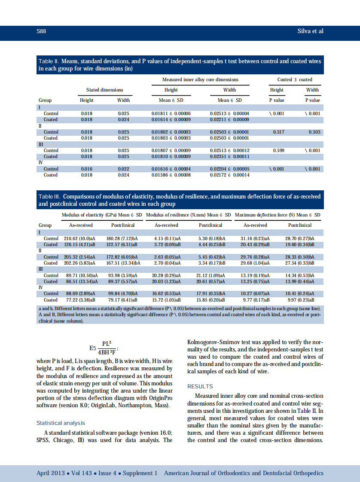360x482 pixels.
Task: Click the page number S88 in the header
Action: [41, 31]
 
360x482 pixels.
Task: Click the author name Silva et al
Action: [310, 31]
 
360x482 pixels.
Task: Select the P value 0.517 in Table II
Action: [279, 132]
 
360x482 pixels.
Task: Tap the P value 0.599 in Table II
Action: [279, 151]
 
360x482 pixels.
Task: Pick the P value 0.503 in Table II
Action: [314, 132]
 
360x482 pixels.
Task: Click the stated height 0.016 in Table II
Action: [87, 169]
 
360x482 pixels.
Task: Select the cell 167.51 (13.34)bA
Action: [123, 263]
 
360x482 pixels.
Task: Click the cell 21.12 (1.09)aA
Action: [212, 275]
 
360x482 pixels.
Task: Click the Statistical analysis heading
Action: [61, 423]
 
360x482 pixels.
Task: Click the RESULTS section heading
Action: [200, 387]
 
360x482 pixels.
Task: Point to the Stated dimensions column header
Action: [104, 90]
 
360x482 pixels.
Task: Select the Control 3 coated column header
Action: [295, 79]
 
